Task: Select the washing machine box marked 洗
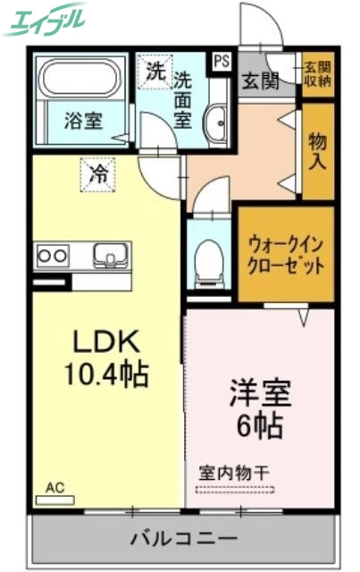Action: [x=155, y=72]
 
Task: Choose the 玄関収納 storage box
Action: [x=316, y=74]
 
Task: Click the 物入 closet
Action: [x=317, y=151]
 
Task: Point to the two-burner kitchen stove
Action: [x=51, y=256]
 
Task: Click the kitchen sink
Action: [x=112, y=254]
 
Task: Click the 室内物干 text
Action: [x=234, y=472]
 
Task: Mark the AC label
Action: [x=55, y=488]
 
